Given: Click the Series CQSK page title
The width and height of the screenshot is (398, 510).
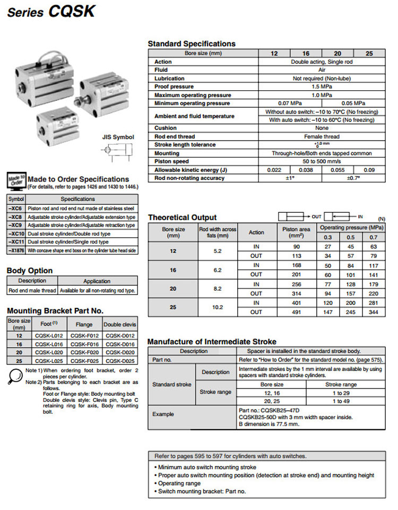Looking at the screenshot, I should click(51, 12).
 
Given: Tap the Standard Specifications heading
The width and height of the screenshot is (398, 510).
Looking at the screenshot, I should click(192, 44).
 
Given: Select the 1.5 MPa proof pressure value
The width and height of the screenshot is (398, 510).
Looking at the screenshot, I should click(322, 87).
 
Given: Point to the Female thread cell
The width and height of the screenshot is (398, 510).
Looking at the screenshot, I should click(322, 136).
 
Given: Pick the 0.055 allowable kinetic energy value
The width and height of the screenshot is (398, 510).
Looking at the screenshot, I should click(338, 170).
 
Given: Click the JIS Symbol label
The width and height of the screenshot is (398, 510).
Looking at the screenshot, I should click(118, 137).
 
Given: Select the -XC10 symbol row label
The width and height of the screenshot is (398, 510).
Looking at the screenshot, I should click(17, 234).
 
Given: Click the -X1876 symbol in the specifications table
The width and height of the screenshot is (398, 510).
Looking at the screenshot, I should click(17, 250).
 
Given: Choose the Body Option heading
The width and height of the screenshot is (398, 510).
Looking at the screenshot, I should click(30, 271).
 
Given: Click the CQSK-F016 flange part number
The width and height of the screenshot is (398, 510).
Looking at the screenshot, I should click(84, 344).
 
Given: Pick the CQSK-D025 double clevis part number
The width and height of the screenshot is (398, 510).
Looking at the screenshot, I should click(120, 361).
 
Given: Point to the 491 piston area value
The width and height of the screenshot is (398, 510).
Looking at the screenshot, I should click(297, 313).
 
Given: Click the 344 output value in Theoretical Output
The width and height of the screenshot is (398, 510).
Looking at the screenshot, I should click(373, 313).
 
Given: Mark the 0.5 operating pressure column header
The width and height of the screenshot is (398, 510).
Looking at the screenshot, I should click(351, 237).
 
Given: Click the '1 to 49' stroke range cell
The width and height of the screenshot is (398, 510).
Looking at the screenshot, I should click(341, 401).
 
